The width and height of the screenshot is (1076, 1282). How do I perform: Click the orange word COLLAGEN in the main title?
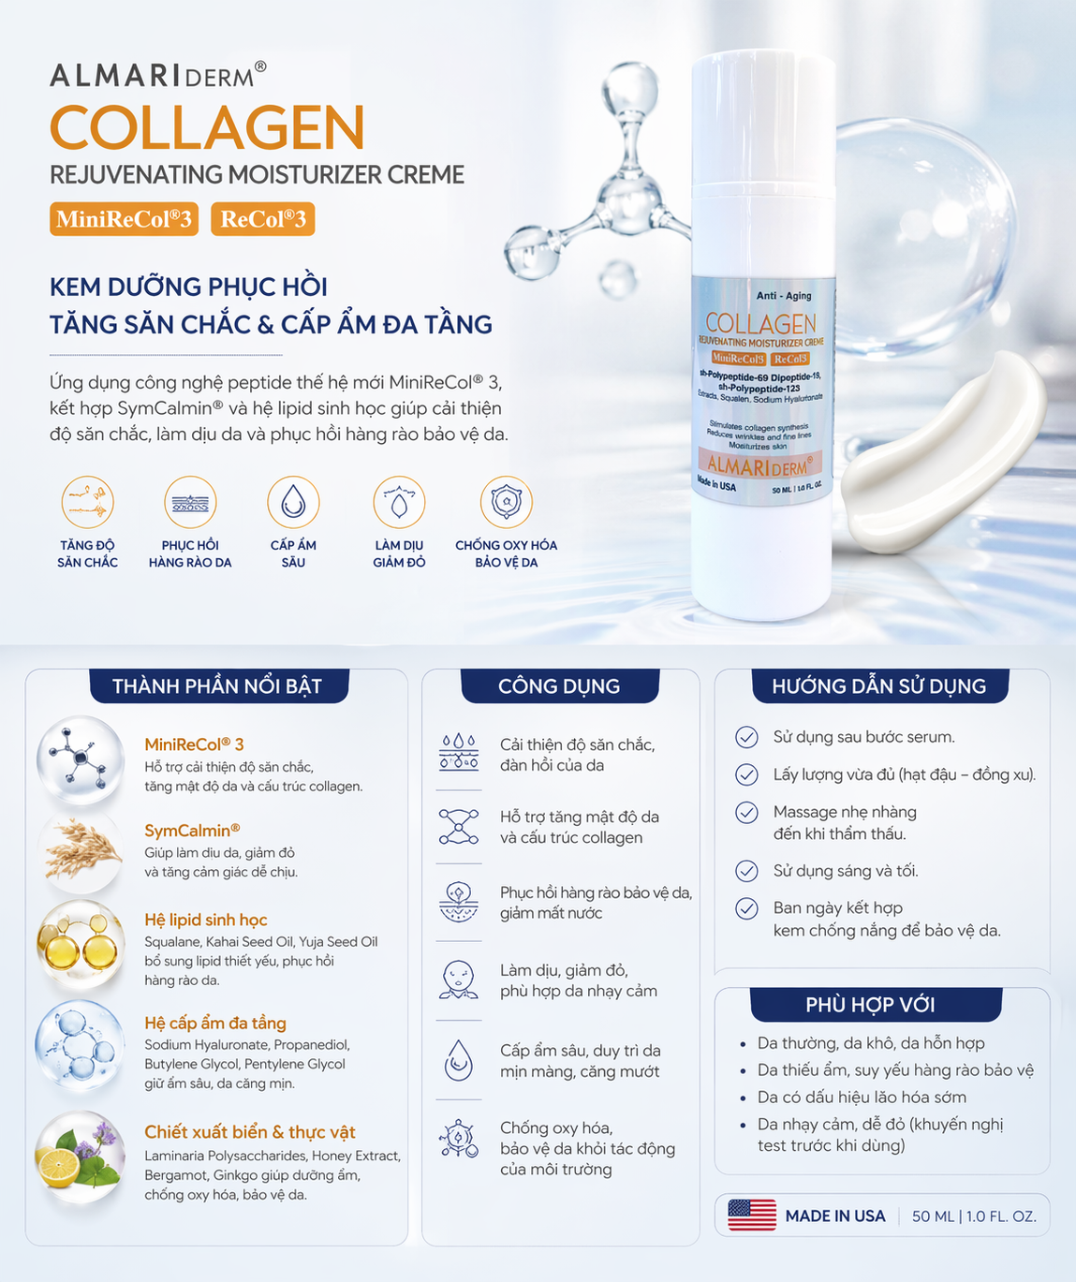click(x=208, y=127)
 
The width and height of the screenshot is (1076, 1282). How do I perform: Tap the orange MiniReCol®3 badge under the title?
click(x=124, y=219)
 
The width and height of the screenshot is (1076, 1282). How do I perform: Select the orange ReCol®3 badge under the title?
click(x=263, y=219)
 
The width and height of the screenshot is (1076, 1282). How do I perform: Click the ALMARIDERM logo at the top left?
click(x=158, y=75)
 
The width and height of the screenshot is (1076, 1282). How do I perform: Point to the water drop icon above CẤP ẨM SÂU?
click(x=293, y=502)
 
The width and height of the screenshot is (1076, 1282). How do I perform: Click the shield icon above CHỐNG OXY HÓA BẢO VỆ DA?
click(x=506, y=502)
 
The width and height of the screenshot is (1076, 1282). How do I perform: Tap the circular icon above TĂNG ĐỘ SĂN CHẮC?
click(x=88, y=502)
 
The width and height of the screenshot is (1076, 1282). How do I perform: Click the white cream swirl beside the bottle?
click(x=943, y=451)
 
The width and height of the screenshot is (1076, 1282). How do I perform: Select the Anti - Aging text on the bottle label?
click(x=784, y=296)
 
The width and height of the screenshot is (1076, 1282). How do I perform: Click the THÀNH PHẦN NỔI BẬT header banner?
click(x=219, y=685)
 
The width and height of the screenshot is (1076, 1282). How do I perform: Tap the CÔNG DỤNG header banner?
click(x=559, y=685)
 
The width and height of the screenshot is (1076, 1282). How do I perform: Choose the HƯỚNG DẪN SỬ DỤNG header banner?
click(x=880, y=685)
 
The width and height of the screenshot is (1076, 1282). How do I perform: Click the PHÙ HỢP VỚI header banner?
click(x=876, y=1005)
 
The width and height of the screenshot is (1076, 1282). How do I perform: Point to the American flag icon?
click(x=752, y=1216)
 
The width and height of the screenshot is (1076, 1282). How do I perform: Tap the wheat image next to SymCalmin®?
click(x=81, y=851)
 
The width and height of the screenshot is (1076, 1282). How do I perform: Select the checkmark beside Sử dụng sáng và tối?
click(x=746, y=871)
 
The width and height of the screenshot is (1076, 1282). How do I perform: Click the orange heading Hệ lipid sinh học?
click(x=206, y=920)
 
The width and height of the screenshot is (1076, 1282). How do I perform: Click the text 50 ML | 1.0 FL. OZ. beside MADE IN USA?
click(x=974, y=1216)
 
